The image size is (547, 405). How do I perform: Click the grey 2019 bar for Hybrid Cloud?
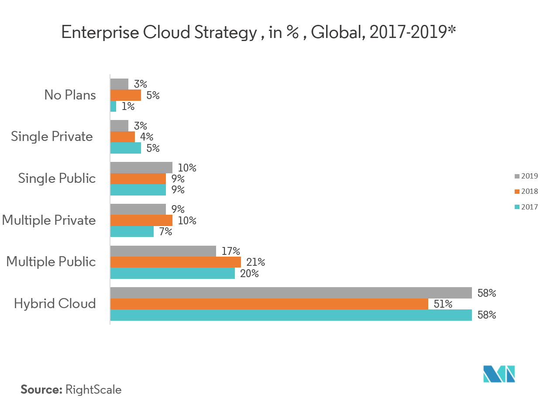[291, 293]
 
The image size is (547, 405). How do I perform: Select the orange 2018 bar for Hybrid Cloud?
[269, 304]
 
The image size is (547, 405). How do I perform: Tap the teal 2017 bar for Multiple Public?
[172, 273]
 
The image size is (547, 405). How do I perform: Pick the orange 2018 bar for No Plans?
[126, 95]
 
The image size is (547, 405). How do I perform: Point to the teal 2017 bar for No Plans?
[113, 106]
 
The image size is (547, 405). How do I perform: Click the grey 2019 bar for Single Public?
[141, 168]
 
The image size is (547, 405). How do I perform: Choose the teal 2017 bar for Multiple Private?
[132, 231]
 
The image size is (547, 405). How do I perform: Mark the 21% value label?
[255, 262]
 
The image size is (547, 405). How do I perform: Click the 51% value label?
[443, 304]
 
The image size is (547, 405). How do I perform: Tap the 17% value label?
[230, 251]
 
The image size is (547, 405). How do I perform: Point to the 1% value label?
[128, 106]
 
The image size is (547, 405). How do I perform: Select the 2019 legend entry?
[526, 176]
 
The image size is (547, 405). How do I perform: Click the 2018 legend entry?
[526, 192]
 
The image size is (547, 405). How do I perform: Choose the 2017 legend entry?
[526, 207]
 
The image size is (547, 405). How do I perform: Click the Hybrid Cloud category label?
[55, 304]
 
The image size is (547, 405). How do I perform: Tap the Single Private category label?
[52, 137]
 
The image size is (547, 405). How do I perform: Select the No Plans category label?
[70, 95]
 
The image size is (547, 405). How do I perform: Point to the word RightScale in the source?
[93, 390]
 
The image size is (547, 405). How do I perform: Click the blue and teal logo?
[499, 374]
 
